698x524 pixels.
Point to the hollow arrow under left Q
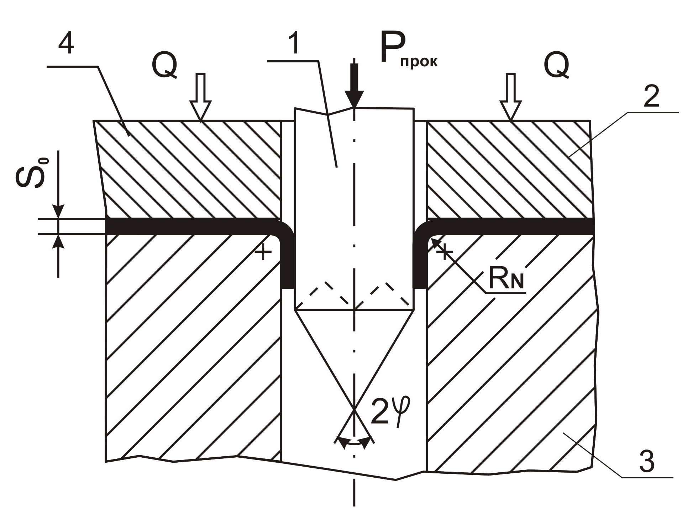[x=201, y=97]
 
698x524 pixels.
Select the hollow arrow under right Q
[x=510, y=97]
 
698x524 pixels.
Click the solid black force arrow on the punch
[x=354, y=86]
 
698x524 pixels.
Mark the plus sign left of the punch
[x=263, y=253]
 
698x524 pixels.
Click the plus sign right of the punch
[x=444, y=252]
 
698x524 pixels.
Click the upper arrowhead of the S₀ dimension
[x=58, y=212]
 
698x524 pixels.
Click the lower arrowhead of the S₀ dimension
[x=58, y=241]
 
